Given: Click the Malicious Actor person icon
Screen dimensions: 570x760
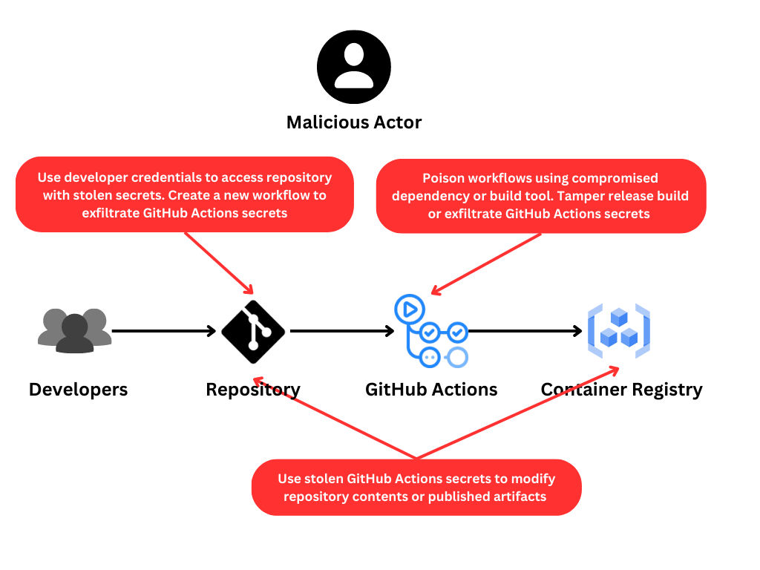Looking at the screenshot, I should [x=353, y=67].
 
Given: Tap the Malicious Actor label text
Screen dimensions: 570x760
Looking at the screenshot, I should [x=353, y=122].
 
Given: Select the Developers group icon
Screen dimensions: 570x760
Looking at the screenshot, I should [x=74, y=330].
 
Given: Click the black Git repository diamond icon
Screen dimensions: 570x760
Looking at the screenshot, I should [x=253, y=332].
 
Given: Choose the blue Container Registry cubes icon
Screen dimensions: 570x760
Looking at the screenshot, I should [x=618, y=330].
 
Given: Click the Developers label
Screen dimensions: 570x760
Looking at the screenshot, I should [x=78, y=390].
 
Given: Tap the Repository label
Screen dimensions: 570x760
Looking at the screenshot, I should [x=253, y=390].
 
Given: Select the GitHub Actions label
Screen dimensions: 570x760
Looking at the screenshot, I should [x=431, y=390].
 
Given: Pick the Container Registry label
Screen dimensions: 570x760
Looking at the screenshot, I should [x=621, y=390].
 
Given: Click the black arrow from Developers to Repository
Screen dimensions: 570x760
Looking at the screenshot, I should [x=163, y=331].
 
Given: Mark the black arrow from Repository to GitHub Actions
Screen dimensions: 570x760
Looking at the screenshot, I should [x=341, y=331].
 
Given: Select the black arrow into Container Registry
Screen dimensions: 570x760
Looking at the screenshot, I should [x=525, y=331].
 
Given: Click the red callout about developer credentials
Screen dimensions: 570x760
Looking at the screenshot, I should [x=184, y=194].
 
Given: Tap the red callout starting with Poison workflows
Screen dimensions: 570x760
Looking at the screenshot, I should [x=540, y=196].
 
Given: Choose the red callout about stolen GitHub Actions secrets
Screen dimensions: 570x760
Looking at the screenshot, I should [x=416, y=488].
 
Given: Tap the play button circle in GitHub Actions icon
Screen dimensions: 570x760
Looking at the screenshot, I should [x=410, y=307].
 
